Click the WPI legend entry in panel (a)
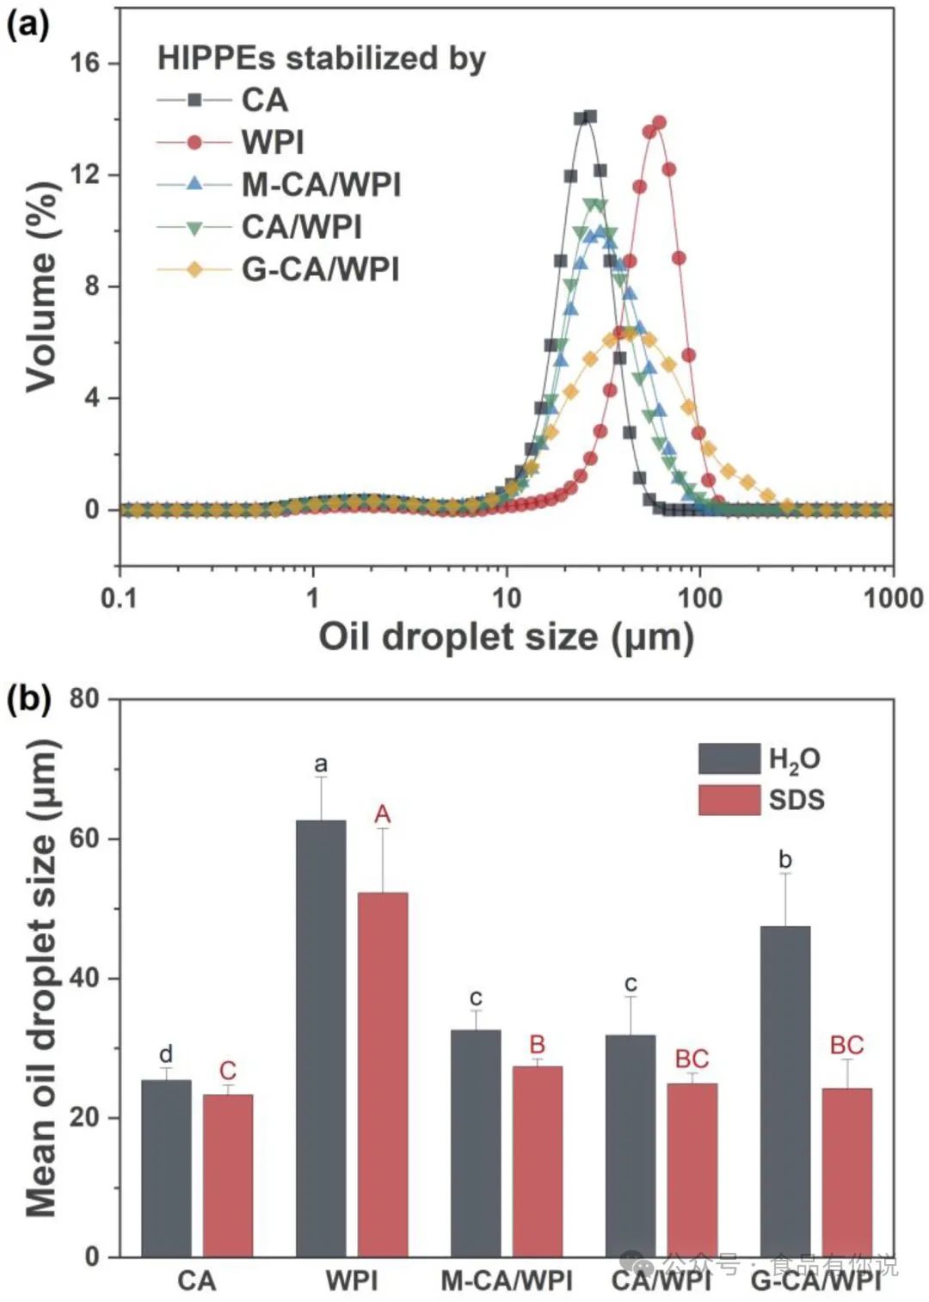tap(272, 142)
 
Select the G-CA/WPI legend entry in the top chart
tap(320, 269)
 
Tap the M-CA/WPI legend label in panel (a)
tap(321, 184)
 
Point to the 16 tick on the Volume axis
tap(85, 63)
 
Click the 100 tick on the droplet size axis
tap(699, 598)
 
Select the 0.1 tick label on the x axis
tap(120, 598)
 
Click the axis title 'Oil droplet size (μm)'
tap(506, 637)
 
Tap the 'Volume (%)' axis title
tap(41, 287)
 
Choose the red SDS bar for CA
tap(228, 1175)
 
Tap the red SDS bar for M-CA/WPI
tap(538, 1161)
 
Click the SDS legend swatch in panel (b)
tap(729, 800)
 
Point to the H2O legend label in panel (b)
tap(794, 759)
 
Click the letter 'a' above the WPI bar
tap(321, 764)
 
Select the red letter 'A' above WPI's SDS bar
tap(383, 814)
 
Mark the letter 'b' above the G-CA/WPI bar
tap(784, 859)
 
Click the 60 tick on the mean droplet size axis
tap(84, 838)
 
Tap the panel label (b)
tap(28, 699)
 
